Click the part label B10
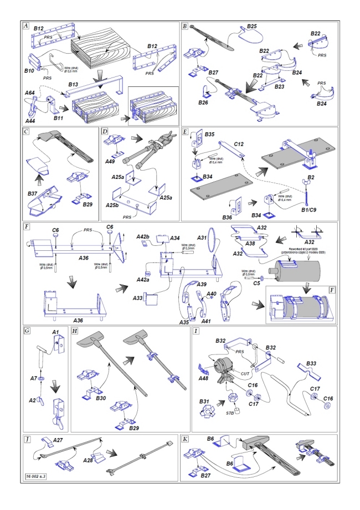click(x=30, y=71)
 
